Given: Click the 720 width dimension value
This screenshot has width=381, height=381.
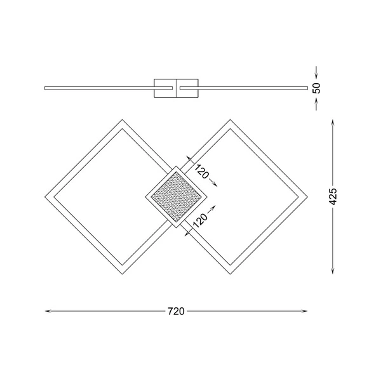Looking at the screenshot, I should pos(176,311).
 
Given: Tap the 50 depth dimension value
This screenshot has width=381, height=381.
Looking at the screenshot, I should pos(317,88).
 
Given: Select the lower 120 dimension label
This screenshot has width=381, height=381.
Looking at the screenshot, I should pos(200,220).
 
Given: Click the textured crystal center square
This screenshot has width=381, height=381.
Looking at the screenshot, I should pos(176,197).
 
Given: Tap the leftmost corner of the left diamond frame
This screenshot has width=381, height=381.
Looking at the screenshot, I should pos(47,197).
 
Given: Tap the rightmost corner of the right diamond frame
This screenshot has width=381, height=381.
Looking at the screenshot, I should pos(307,197).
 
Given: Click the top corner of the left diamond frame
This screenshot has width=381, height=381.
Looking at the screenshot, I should pos(121,120).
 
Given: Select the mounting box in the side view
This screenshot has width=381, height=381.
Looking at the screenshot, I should pos(176,88).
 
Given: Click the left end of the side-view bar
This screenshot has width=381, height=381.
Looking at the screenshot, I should pos(46,88).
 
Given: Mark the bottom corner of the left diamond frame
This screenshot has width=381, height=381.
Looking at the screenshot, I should pos(121,274).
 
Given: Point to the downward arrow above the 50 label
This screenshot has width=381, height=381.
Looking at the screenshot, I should pos(317,72).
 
